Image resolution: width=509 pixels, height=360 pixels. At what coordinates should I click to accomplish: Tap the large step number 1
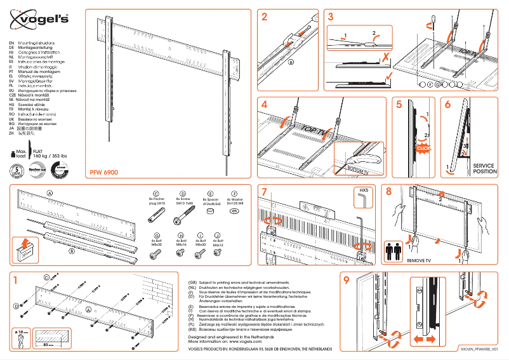tap(15, 279)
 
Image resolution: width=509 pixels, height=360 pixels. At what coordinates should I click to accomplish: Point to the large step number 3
tap(331, 17)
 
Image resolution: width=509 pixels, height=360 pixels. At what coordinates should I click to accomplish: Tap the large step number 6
tap(449, 105)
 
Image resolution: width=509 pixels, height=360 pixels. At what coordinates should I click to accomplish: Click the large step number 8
tap(388, 192)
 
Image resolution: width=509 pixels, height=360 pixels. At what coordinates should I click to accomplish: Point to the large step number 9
tap(346, 280)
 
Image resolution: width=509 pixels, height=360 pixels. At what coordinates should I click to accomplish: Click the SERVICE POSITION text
tap(486, 168)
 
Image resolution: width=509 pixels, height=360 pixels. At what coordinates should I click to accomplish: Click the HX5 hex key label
tap(364, 190)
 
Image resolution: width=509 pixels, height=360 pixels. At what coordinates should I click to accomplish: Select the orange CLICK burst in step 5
tap(423, 147)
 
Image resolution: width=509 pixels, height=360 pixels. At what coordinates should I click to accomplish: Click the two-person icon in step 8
tap(394, 248)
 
